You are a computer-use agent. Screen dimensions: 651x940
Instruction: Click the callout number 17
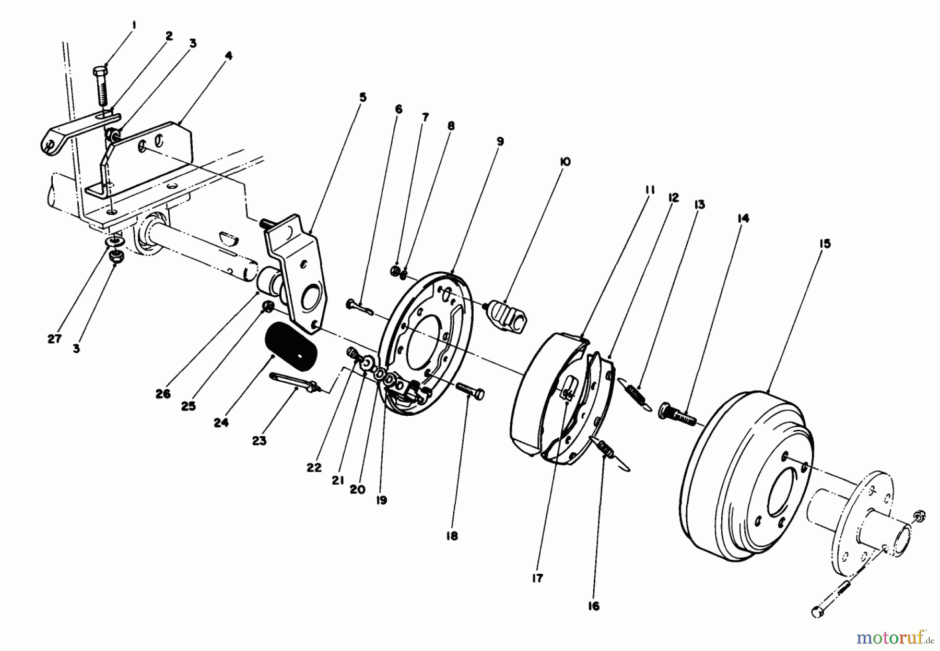click(x=537, y=578)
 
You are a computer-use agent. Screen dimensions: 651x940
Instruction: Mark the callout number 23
click(x=259, y=441)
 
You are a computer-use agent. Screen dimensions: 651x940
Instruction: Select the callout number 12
click(x=673, y=198)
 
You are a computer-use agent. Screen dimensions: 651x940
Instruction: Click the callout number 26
click(x=163, y=394)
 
